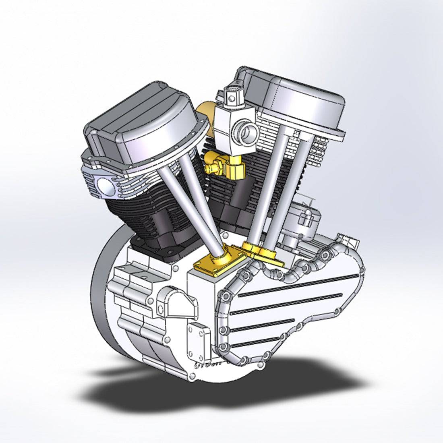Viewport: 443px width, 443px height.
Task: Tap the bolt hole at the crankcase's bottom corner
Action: tap(192, 376)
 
